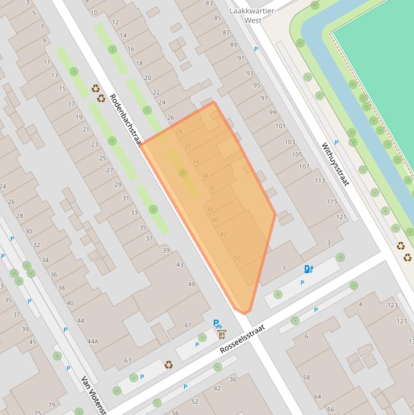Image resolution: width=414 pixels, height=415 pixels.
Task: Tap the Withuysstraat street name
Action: tap(335, 164)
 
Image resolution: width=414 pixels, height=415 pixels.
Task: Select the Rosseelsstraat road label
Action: tap(243, 339)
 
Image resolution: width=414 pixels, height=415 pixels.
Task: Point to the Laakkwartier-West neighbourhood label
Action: tap(253, 16)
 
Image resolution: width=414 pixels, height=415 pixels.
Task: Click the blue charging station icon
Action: tap(308, 269)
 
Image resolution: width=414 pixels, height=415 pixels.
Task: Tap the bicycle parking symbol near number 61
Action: tap(217, 324)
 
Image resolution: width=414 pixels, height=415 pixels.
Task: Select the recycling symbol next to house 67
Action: tap(169, 365)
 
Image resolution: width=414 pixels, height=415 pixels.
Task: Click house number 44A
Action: tap(93, 341)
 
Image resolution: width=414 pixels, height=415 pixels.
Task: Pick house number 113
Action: tap(320, 181)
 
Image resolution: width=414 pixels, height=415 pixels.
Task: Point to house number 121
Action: tap(341, 217)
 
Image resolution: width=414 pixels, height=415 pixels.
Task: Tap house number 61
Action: tap(188, 325)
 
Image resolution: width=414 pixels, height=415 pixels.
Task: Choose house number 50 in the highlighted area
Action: tap(237, 259)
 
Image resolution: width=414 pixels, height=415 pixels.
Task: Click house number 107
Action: tap(304, 167)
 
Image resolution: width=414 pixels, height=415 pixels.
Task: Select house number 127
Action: tap(402, 321)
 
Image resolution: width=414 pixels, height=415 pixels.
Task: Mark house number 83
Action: tap(209, 3)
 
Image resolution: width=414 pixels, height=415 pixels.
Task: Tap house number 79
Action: tap(52, 405)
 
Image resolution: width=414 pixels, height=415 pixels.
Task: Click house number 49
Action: tap(191, 284)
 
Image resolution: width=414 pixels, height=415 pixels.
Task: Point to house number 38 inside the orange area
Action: tap(209, 209)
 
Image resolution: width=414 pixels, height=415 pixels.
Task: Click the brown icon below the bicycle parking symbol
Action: tap(222, 335)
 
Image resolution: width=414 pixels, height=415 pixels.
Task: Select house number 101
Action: tap(280, 126)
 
